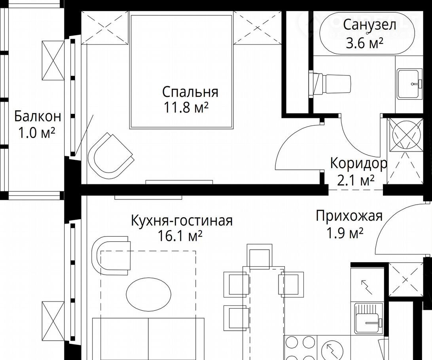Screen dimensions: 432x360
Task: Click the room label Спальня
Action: [190, 92]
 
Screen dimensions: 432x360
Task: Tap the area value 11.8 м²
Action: [186, 108]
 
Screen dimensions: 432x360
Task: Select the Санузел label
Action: [369, 25]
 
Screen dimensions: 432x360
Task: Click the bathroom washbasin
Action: [409, 84]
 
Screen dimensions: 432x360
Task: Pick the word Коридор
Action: [358, 164]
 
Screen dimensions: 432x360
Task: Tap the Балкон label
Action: [38, 117]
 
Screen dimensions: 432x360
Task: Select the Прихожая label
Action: [349, 216]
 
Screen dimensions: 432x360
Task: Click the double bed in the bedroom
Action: [181, 72]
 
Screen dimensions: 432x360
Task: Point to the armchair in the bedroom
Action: [110, 155]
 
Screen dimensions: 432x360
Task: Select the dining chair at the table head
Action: [259, 256]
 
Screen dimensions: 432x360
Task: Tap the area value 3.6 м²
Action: [364, 44]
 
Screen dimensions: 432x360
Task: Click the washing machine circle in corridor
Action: [405, 135]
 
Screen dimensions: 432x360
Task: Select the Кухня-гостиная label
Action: [182, 221]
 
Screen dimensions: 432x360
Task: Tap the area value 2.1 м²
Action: [355, 181]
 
